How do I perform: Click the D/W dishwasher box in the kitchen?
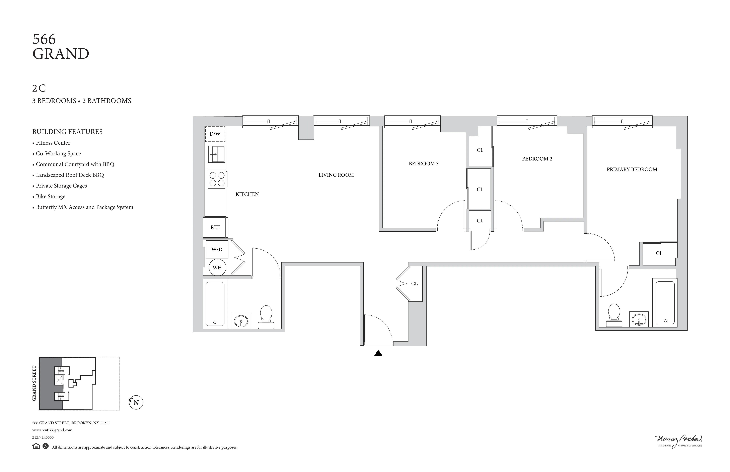pyautogui.click(x=215, y=134)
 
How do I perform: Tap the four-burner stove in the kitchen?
pyautogui.click(x=217, y=179)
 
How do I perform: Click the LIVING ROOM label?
pyautogui.click(x=336, y=175)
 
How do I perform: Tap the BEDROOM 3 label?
pyautogui.click(x=424, y=164)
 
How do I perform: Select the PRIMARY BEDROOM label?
pyautogui.click(x=632, y=169)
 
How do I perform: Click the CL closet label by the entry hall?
pyautogui.click(x=414, y=283)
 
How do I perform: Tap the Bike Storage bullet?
pyautogui.click(x=50, y=197)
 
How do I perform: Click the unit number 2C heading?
pyautogui.click(x=39, y=88)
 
